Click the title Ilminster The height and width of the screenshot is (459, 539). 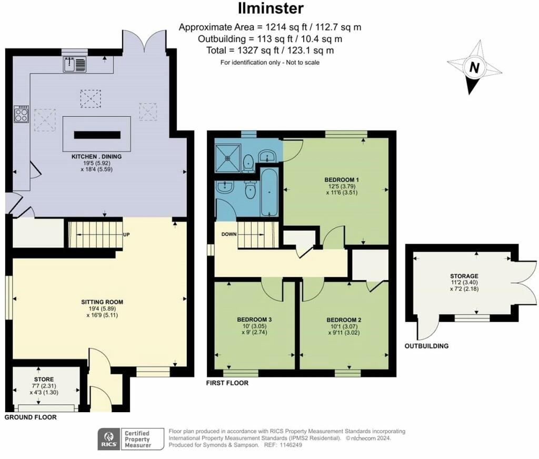[x=271, y=8]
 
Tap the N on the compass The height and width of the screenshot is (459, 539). [x=474, y=68]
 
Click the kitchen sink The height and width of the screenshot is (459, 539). [x=75, y=65]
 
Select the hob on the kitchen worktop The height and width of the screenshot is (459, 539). [x=21, y=114]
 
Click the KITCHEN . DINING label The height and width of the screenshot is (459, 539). [x=97, y=157]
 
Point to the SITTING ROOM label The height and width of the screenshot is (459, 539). [x=102, y=302]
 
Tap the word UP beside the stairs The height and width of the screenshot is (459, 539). [x=126, y=235]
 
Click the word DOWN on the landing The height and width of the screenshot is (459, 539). [x=229, y=234]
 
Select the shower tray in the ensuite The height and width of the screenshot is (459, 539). [x=228, y=158]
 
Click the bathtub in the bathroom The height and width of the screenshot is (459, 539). [x=269, y=193]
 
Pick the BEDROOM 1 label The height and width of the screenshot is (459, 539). [x=342, y=180]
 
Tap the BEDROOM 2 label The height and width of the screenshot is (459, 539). [x=344, y=320]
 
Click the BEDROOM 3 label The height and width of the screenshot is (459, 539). [x=254, y=320]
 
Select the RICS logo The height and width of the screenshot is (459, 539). [x=109, y=439]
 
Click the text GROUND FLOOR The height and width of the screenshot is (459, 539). [x=31, y=417]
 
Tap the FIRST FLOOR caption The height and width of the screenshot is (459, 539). [x=227, y=383]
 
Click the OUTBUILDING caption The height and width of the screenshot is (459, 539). [x=426, y=346]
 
